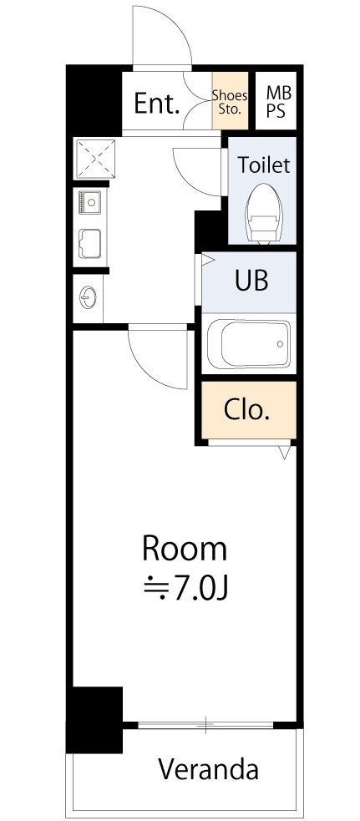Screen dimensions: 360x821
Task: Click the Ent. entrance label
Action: [x=157, y=104]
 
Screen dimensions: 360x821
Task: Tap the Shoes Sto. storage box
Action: [x=230, y=101]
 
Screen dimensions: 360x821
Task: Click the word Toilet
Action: [x=264, y=165]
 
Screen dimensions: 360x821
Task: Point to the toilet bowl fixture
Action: [x=264, y=214]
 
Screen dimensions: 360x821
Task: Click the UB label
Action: [x=251, y=280]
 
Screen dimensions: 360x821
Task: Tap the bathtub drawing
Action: [x=248, y=344]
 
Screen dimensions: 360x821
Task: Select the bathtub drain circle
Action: [x=281, y=344]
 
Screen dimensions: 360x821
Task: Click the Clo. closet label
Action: [x=246, y=410]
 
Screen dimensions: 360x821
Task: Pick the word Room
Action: [x=185, y=550]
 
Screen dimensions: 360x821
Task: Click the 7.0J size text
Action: [x=201, y=590]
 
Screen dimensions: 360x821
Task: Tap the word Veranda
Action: [x=209, y=770]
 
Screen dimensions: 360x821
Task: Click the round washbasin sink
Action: [x=88, y=298]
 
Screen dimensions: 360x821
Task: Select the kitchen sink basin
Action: [x=89, y=244]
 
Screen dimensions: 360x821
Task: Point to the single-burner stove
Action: [x=89, y=202]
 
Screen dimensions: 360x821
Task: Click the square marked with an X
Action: [x=94, y=159]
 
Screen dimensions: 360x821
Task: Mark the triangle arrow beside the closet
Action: [x=285, y=451]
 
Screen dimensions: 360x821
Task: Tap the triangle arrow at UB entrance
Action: [x=207, y=259]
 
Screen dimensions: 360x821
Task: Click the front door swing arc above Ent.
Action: [x=173, y=26]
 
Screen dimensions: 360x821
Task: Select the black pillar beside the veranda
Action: [x=94, y=719]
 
